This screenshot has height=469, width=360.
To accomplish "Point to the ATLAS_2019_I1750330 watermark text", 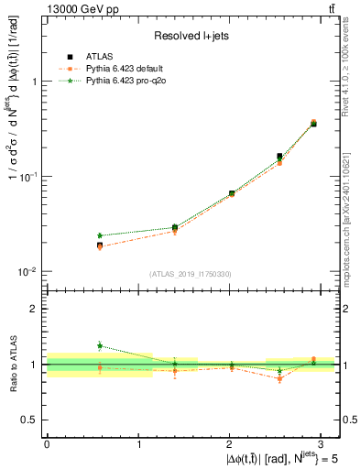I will point(191,274).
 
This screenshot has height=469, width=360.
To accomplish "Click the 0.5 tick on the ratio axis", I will point(33,420).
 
